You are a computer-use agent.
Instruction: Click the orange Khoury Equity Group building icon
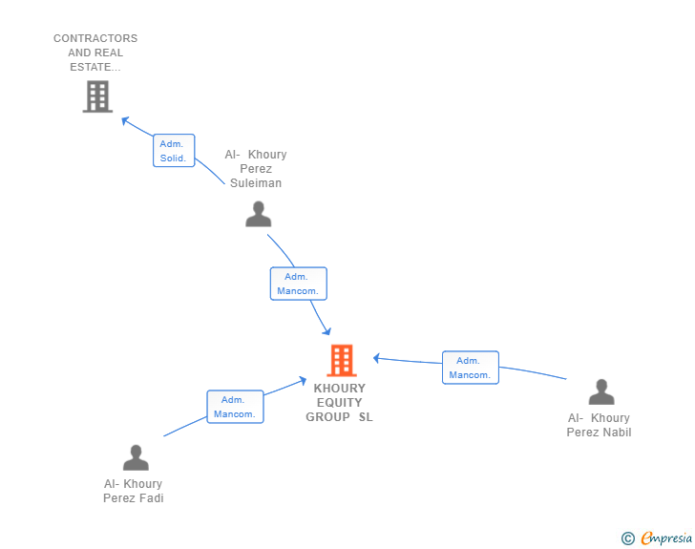click(x=342, y=361)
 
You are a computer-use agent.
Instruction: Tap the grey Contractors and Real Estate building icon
click(x=96, y=96)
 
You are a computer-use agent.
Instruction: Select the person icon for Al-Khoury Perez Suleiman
click(x=258, y=214)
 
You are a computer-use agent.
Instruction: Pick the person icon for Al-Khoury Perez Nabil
click(x=600, y=392)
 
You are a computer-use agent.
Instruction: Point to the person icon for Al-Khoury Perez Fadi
click(x=136, y=458)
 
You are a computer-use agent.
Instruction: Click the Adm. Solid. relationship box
click(x=174, y=151)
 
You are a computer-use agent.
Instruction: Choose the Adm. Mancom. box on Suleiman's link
click(x=298, y=284)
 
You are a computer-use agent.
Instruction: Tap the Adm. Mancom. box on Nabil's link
click(x=470, y=368)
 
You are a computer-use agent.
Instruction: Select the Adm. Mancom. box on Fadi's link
click(x=235, y=407)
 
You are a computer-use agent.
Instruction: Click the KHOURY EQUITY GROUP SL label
click(x=340, y=403)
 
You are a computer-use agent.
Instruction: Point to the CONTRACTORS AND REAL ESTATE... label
click(x=95, y=53)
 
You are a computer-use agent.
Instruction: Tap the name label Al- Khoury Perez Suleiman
click(x=256, y=169)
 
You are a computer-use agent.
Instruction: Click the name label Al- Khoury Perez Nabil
click(x=599, y=425)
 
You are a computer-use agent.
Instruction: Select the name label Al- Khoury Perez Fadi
click(x=134, y=491)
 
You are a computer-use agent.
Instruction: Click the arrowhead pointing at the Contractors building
click(x=125, y=120)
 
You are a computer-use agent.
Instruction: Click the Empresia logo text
click(x=666, y=538)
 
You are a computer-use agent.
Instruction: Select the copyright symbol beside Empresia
click(x=628, y=538)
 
